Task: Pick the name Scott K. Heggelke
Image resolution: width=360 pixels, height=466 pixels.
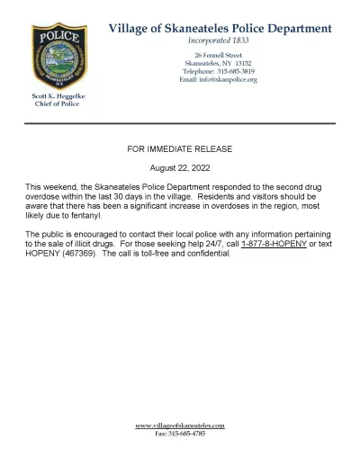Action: [57, 96]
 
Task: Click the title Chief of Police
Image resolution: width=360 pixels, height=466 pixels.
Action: [57, 104]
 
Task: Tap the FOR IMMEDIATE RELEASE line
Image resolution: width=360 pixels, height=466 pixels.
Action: [180, 145]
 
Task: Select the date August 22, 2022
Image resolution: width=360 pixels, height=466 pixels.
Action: [180, 167]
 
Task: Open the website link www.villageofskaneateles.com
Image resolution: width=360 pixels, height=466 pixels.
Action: [180, 425]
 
